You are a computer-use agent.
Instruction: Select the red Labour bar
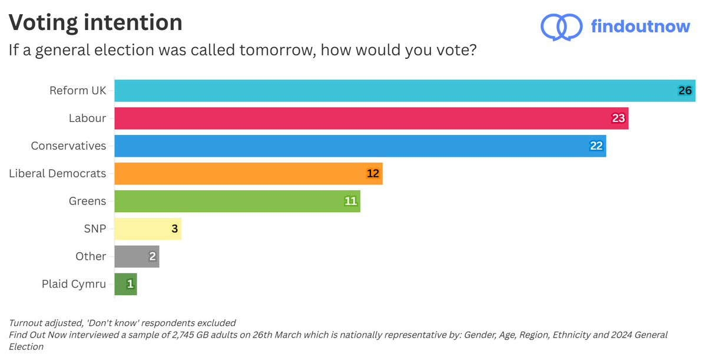click(371, 118)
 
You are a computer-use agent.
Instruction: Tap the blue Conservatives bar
click(359, 146)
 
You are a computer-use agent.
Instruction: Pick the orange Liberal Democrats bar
click(247, 174)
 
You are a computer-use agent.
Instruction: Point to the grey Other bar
click(136, 256)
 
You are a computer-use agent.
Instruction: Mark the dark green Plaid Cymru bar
click(125, 284)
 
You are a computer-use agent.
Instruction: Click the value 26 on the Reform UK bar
click(685, 91)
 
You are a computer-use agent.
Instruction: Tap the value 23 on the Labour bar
click(618, 118)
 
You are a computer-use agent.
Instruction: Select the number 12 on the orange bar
click(373, 174)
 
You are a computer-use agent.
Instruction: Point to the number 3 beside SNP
click(174, 229)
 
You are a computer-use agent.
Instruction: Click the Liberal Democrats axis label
click(58, 173)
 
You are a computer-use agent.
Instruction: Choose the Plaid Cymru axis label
click(74, 284)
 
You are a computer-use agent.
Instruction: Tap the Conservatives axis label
click(68, 146)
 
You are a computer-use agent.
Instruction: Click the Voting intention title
click(95, 22)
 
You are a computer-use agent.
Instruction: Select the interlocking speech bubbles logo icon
click(561, 27)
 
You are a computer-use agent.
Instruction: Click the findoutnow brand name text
click(641, 27)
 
